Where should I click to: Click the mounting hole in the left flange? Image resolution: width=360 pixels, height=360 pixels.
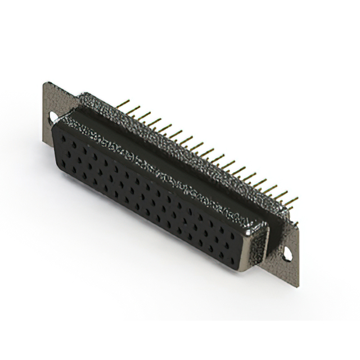pos(52,119)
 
